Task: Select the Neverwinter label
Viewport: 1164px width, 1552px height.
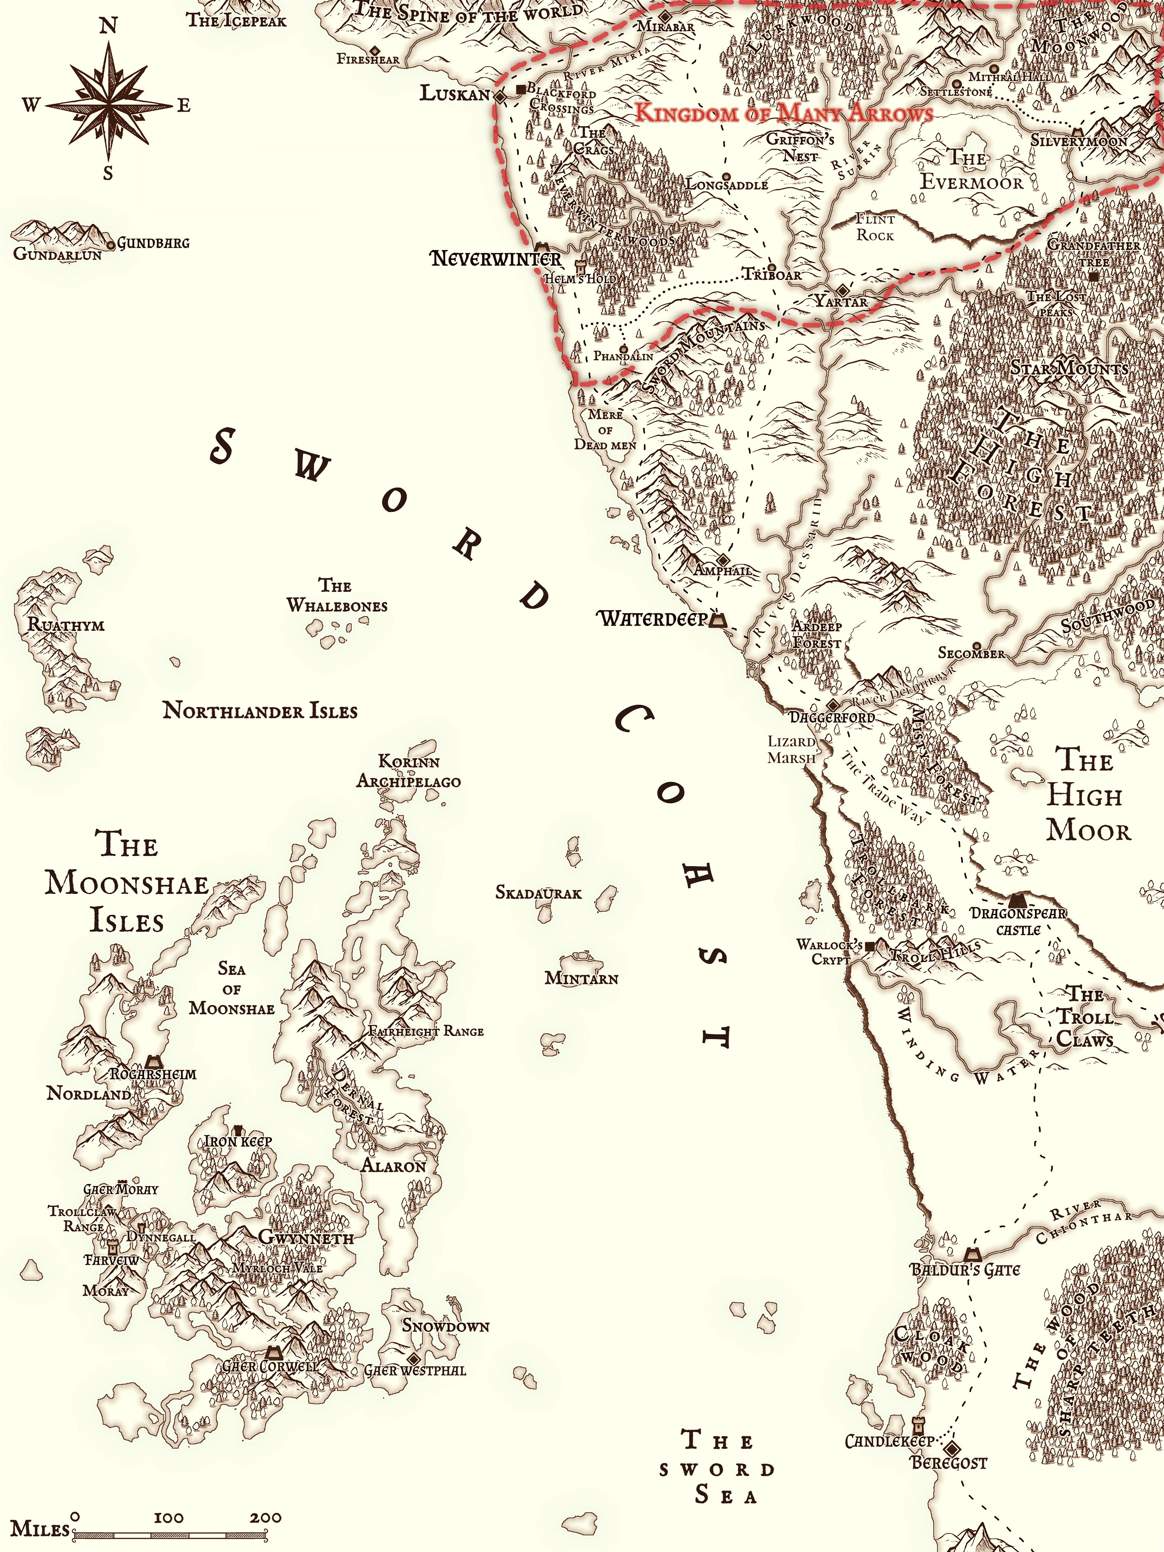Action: [495, 259]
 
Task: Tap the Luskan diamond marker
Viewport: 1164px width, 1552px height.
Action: [500, 96]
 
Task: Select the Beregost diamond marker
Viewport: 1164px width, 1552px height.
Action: [951, 1448]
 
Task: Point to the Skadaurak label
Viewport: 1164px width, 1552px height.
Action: [538, 892]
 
